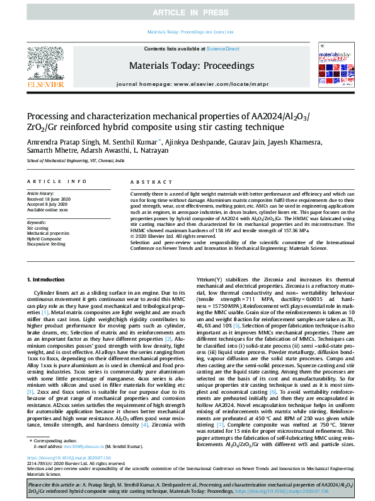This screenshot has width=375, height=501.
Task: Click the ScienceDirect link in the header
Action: pyautogui.click(x=224, y=48)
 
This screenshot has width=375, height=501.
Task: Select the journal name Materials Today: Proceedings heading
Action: pyautogui.click(x=192, y=66)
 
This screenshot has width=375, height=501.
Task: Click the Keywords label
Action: pyautogui.click(x=37, y=222)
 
